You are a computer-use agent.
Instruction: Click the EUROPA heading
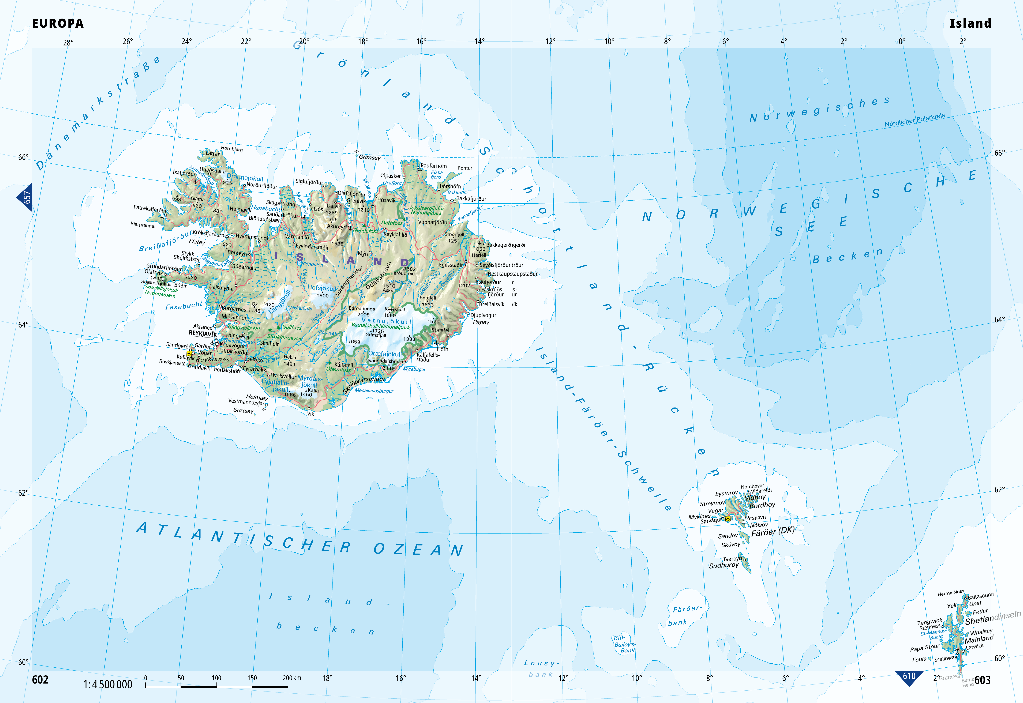point(58,23)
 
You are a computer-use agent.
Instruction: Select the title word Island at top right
point(970,23)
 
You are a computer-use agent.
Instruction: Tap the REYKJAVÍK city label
point(203,334)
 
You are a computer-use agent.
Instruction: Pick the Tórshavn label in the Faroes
point(755,518)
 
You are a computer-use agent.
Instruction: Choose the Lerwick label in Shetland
point(975,647)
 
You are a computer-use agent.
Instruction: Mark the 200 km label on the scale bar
point(292,678)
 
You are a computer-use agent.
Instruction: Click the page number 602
point(40,680)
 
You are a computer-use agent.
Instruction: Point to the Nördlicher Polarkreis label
point(915,120)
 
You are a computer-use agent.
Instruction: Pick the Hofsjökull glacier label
point(321,288)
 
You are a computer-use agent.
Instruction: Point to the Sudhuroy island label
point(723,565)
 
